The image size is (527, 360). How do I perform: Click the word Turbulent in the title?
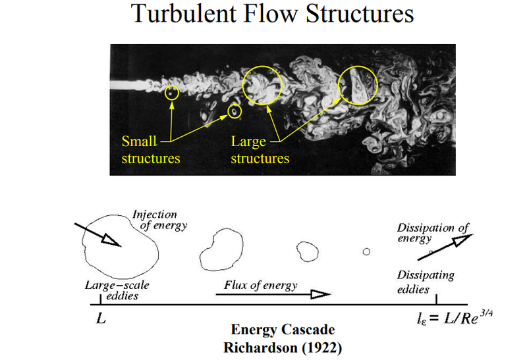[184, 13]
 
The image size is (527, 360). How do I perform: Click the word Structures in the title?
[360, 13]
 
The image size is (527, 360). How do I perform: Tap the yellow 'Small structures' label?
[151, 150]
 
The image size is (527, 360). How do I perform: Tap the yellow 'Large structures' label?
[260, 150]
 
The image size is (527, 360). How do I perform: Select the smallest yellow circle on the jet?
[172, 86]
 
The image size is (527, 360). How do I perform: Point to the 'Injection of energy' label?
[159, 220]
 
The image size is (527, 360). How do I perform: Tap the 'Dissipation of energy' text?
[433, 232]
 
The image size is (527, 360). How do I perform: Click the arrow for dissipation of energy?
[445, 247]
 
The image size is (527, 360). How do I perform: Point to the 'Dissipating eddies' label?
[426, 282]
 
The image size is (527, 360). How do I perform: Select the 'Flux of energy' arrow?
[273, 294]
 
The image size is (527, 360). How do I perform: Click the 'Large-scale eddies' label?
[117, 290]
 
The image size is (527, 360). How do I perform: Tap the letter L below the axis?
[101, 318]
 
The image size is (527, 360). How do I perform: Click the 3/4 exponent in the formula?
[486, 313]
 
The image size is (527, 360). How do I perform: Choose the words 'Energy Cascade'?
[283, 330]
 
